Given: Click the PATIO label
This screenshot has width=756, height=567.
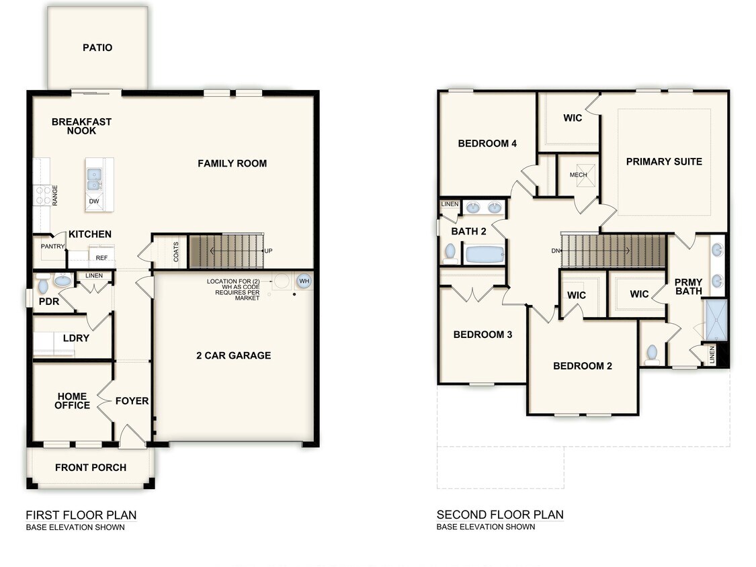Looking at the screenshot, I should pos(97,48).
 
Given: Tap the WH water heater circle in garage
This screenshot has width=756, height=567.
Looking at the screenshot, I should pos(304,281).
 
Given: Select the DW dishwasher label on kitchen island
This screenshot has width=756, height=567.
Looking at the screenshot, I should pos(94,200).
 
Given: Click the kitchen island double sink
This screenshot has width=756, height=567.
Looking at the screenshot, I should pos(94,177).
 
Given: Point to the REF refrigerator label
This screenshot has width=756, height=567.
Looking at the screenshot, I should pos(101,257).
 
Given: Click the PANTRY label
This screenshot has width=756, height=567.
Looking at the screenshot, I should pos(52,247).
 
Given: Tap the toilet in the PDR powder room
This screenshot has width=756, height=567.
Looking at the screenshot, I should pos(43,286).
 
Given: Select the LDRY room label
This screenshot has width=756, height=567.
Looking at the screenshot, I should pos(76,338).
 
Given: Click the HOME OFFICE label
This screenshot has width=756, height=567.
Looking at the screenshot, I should pos(73,401).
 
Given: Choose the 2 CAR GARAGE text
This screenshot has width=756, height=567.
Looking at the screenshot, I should pos(233,355).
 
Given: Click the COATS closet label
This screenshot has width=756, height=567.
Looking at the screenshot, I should pos(176,251).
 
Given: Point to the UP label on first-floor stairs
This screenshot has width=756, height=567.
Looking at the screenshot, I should pos(267,251).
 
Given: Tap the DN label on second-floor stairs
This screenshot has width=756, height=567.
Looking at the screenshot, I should pos(555,251).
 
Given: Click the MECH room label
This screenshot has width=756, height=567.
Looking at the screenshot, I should pos(578,175).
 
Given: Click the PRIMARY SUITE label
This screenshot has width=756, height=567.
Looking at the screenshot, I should pos(664,161).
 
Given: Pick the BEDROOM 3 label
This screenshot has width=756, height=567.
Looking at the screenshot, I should pos(482,335).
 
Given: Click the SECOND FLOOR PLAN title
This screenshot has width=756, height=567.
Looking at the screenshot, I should pos(500,515).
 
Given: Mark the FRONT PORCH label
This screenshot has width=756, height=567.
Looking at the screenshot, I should pos(91,468).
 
